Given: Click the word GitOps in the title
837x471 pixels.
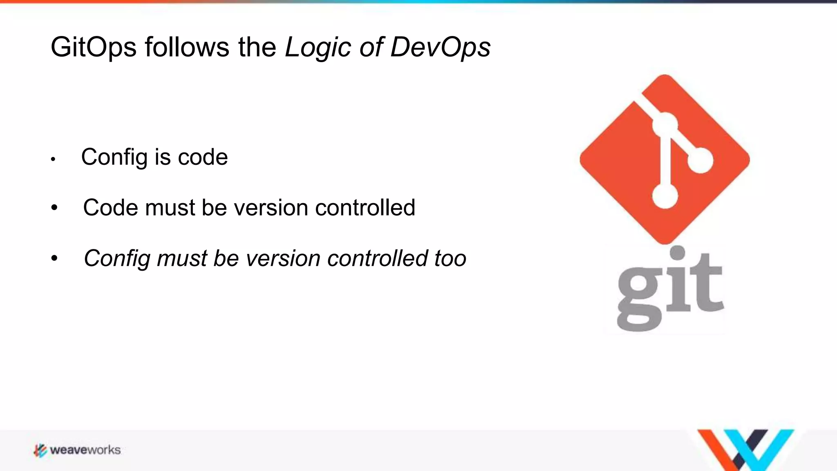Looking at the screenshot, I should (x=93, y=47).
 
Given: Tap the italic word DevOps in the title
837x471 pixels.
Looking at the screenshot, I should (x=440, y=47).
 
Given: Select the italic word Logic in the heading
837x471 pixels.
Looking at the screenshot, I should (x=318, y=47).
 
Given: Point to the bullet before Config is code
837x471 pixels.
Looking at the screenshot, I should (x=53, y=159).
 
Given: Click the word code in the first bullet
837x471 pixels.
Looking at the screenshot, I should (x=203, y=157).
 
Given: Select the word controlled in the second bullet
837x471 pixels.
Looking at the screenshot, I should (x=365, y=208).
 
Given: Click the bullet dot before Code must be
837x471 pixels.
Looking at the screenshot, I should (x=54, y=208).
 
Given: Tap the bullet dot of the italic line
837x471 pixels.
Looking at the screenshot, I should (x=54, y=258).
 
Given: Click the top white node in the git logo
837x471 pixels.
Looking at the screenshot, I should (x=665, y=124).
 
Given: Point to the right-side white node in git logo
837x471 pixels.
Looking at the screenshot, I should (x=700, y=160).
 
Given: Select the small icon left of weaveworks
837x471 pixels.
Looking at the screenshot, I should (x=40, y=450).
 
